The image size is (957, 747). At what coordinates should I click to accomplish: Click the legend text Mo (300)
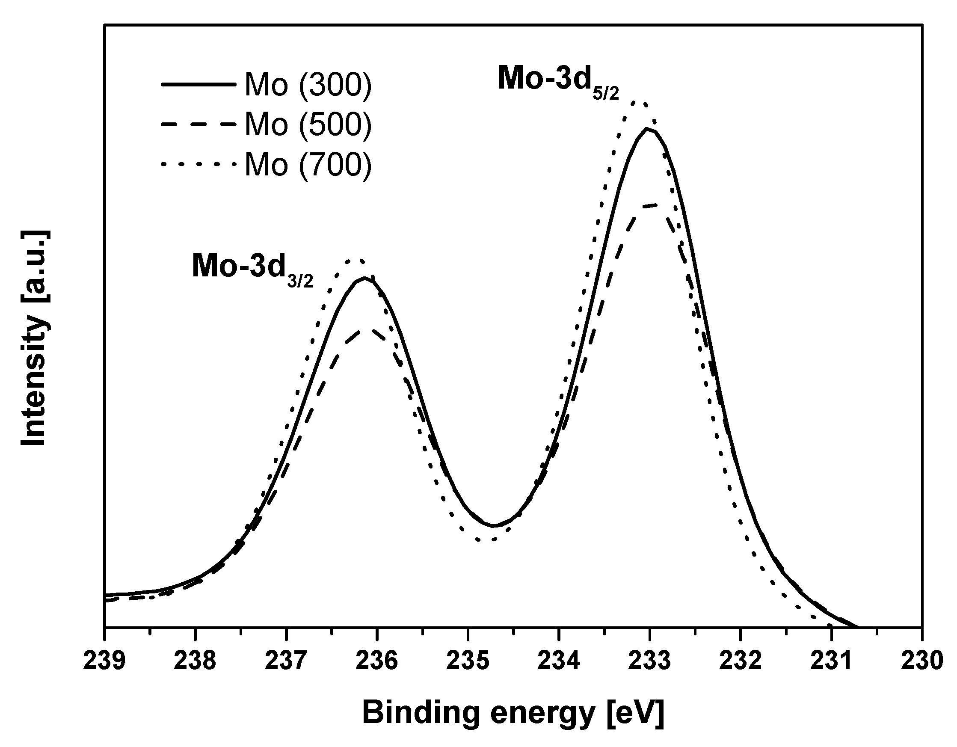[308, 85]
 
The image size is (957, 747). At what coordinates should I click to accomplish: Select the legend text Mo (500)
[308, 124]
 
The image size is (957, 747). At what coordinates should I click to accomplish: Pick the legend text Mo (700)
[308, 164]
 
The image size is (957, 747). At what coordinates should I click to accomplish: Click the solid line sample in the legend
[198, 85]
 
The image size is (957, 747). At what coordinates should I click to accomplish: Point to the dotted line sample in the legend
[198, 164]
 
